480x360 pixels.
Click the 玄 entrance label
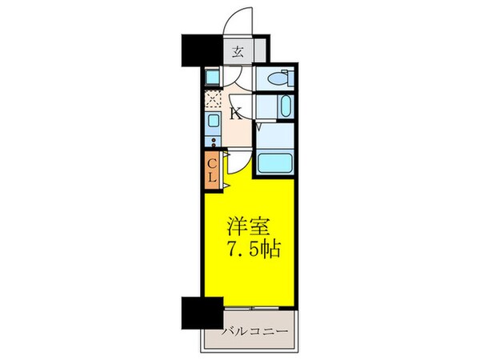238,54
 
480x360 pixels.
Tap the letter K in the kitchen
237,112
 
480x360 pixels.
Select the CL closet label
213,170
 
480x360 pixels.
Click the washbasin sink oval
286,106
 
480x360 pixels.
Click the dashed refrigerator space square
213,98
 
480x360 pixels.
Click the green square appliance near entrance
212,77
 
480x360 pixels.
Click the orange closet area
213,170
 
